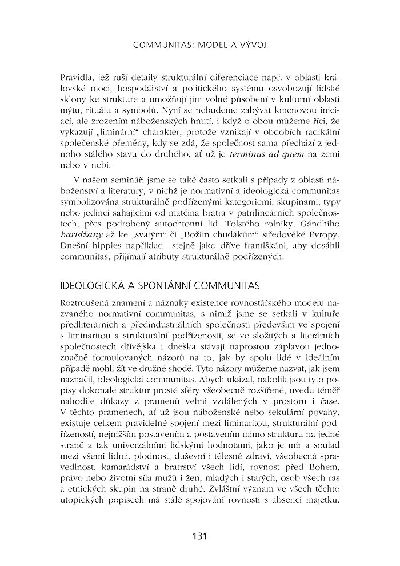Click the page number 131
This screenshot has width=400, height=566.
click(x=199, y=536)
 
